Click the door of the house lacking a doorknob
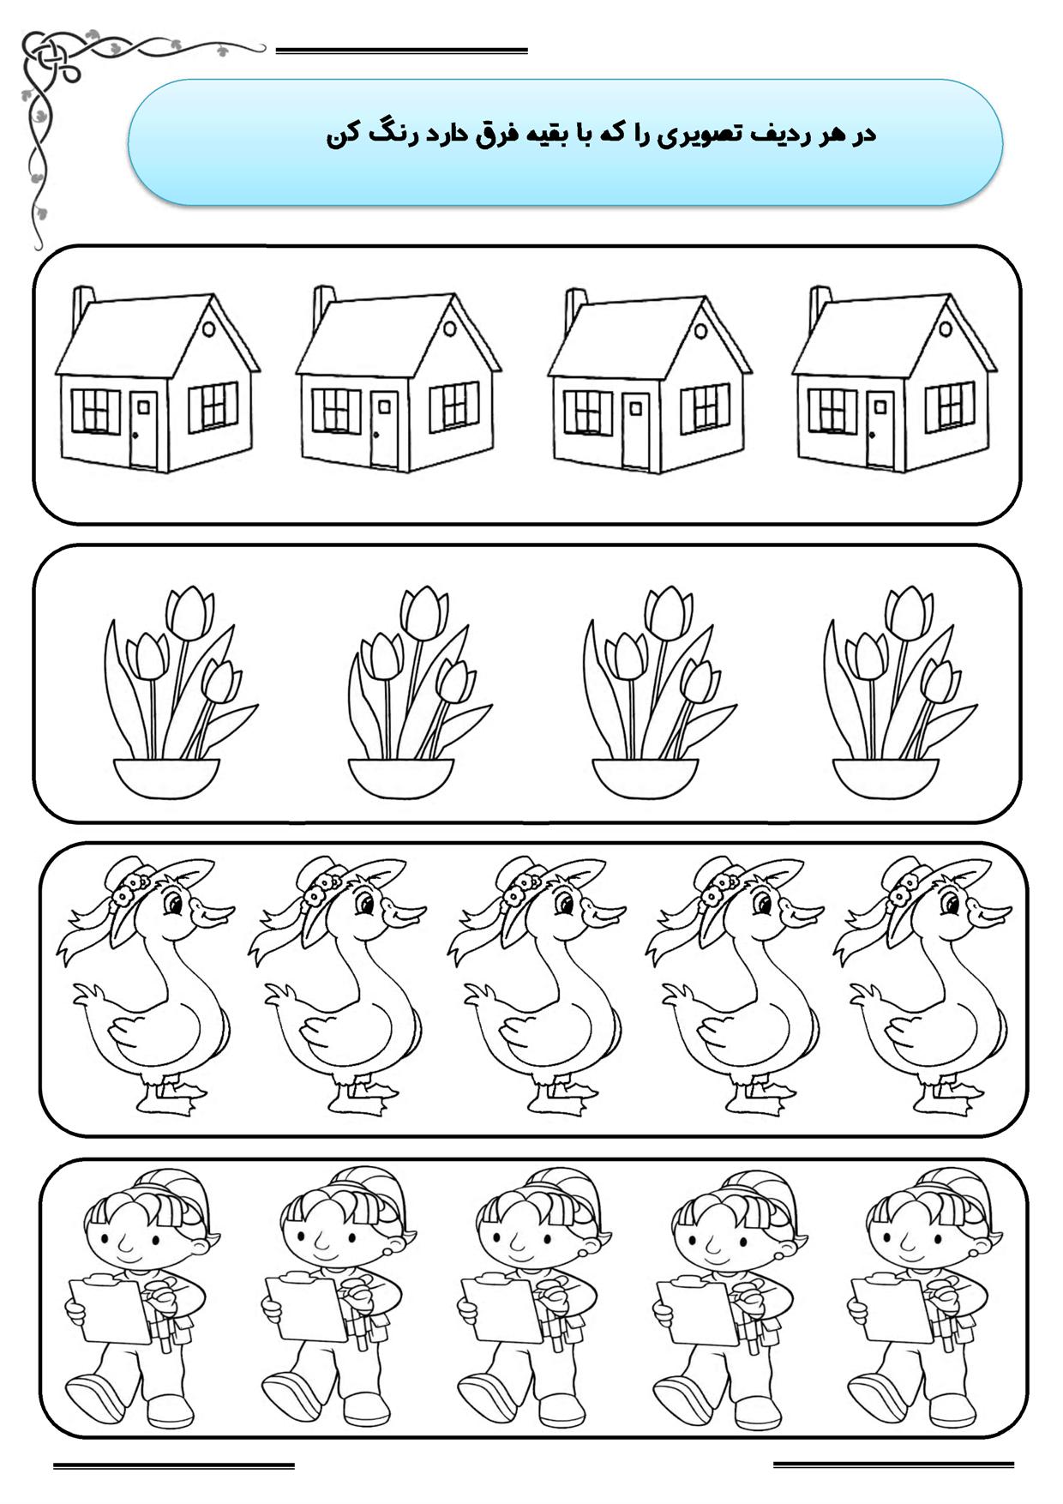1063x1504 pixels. pos(635,430)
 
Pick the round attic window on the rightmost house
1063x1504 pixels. pos(946,328)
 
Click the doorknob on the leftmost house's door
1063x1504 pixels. pos(135,436)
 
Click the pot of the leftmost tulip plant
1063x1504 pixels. pos(165,779)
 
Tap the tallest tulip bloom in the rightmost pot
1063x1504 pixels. pos(908,612)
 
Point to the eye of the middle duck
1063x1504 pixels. pos(562,904)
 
